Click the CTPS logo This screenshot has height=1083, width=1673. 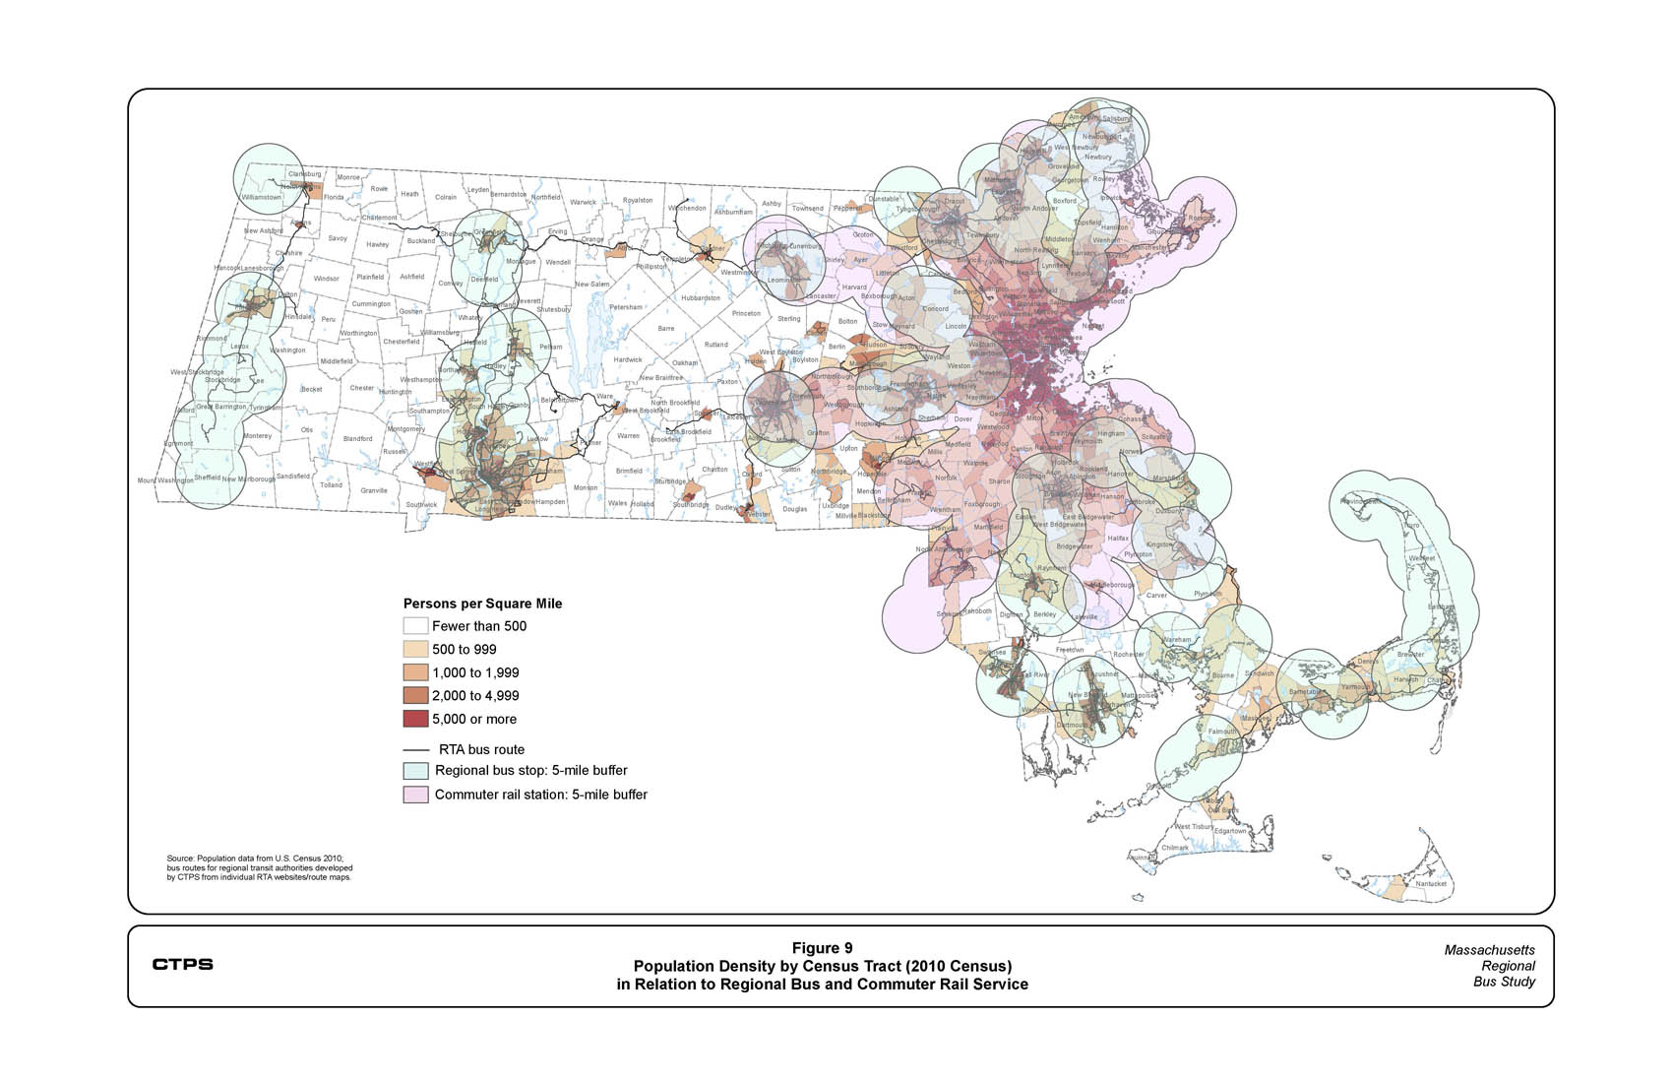[182, 964]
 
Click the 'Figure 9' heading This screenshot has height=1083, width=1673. [822, 948]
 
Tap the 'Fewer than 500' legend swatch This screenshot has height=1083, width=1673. [415, 626]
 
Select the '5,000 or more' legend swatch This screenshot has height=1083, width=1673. [415, 719]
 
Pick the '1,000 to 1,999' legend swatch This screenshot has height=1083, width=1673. [415, 672]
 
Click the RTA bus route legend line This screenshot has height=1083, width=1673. [415, 749]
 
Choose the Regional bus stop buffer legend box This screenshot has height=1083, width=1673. [415, 771]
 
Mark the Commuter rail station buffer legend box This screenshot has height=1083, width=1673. [415, 795]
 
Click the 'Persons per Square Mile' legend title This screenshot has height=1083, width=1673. [482, 604]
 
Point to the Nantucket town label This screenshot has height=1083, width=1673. [1430, 883]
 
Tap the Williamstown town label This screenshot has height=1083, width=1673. [262, 197]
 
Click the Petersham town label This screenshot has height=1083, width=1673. [626, 307]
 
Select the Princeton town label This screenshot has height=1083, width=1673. [746, 313]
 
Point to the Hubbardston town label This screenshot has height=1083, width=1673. [701, 297]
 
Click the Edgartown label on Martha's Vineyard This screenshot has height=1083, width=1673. [1230, 831]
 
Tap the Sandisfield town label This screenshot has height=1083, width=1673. [293, 476]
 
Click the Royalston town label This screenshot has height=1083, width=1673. [638, 201]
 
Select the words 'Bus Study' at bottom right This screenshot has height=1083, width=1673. [1504, 982]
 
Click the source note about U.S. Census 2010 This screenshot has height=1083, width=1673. [258, 867]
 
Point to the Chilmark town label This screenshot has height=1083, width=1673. [1175, 848]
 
